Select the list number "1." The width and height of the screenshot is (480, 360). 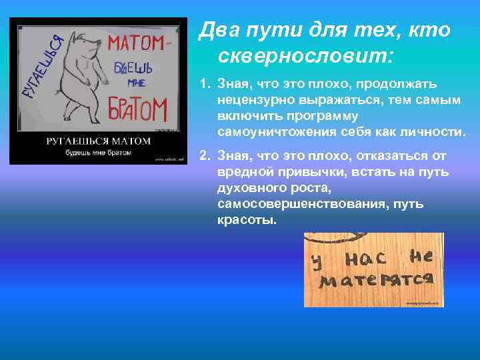pyautogui.click(x=206, y=85)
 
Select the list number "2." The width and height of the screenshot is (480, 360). pyautogui.click(x=206, y=156)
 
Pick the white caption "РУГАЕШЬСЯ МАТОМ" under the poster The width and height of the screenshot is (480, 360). pyautogui.click(x=99, y=141)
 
